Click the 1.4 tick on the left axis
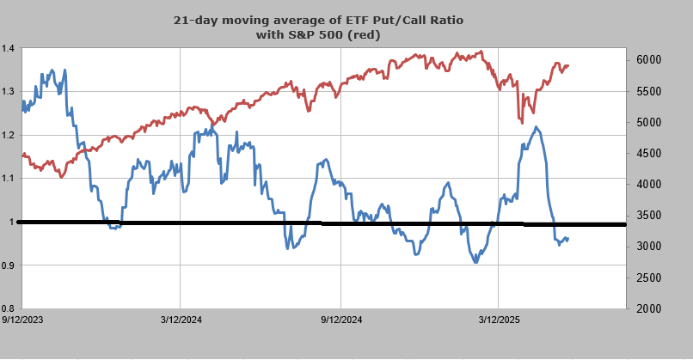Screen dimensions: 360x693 9,49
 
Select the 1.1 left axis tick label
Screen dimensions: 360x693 9,178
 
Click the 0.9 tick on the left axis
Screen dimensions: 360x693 9,265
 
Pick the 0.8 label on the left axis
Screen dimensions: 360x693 9,308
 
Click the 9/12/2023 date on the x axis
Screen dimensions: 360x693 22,320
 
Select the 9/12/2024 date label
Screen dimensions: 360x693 340,320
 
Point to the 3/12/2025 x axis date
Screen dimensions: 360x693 499,320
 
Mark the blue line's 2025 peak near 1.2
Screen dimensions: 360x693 536,128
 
